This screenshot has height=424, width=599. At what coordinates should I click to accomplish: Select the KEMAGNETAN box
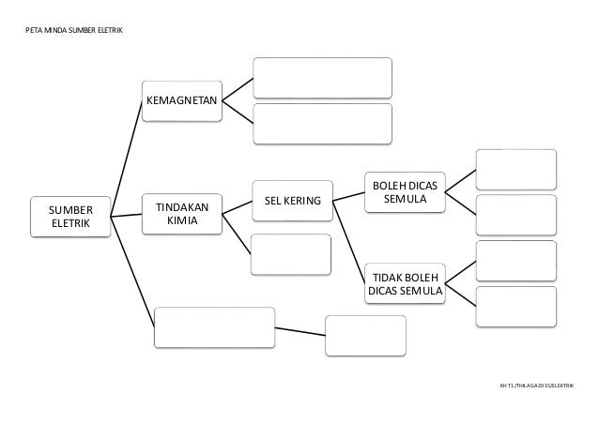tap(180, 99)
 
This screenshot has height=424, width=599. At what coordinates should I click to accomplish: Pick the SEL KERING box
tap(292, 201)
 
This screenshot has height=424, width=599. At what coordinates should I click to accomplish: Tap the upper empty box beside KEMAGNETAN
tap(322, 78)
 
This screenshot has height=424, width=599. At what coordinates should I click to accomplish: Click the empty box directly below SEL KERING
tap(291, 253)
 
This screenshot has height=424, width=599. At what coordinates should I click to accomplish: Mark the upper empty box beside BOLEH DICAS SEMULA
tap(515, 169)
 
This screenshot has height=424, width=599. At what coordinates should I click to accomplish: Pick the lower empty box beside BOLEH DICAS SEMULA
tap(515, 215)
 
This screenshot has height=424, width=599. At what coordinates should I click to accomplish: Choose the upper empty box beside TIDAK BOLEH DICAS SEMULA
tap(515, 261)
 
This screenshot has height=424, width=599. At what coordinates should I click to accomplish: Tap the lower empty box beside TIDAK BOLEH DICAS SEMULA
tap(515, 306)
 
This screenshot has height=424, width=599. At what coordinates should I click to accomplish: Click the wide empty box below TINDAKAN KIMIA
tap(215, 326)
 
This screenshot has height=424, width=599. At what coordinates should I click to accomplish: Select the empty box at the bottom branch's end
tap(365, 335)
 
